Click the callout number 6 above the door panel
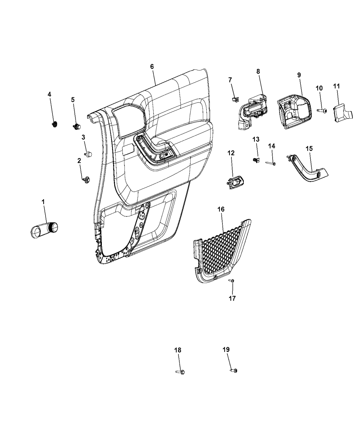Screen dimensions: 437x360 (152, 67)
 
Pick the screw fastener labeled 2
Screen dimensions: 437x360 (86, 179)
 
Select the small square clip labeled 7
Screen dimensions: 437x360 (233, 99)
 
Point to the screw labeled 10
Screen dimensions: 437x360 (322, 111)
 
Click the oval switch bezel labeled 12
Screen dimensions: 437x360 (235, 182)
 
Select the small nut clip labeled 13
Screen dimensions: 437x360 (255, 159)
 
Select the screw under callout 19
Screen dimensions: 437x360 (234, 370)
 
